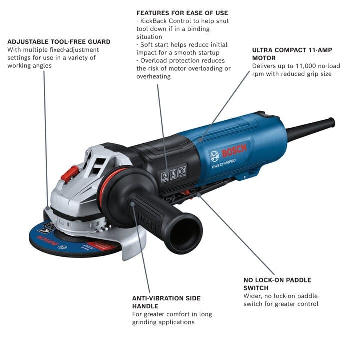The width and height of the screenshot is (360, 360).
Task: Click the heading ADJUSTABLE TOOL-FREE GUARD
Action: (x=59, y=41)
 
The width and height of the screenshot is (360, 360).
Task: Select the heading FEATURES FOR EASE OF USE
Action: (x=182, y=12)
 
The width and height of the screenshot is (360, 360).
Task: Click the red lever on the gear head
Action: (x=69, y=173)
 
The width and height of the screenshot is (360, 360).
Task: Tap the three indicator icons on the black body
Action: (x=173, y=174)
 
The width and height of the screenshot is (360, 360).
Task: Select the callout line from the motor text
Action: (x=225, y=105)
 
